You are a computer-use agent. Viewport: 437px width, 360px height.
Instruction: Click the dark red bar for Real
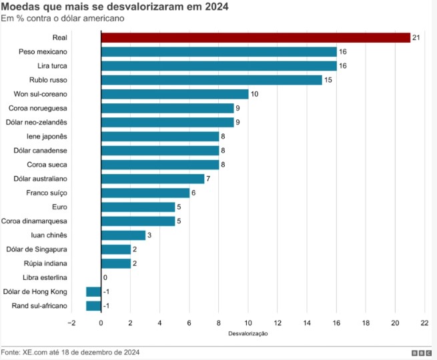coord(256,37)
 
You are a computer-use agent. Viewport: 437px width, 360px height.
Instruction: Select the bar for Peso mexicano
coord(219,51)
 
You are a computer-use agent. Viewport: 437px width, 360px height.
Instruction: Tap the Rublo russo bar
coord(211,80)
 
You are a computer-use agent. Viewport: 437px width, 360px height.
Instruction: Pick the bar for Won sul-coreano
coord(175,94)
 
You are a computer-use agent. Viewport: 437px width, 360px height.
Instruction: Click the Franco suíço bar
coord(145,193)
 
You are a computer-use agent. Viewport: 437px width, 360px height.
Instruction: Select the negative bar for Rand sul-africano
coord(93,306)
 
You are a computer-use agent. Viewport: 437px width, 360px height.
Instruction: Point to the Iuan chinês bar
coord(123,235)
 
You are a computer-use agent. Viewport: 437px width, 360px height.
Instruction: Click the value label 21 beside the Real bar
coord(416,37)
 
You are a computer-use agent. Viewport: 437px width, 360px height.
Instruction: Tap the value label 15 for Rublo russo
coord(328,80)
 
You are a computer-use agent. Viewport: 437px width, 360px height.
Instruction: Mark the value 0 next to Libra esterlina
coord(105,277)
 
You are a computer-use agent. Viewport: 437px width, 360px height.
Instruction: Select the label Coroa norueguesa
coord(38,108)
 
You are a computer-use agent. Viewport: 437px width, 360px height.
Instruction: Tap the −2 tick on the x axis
coord(71,323)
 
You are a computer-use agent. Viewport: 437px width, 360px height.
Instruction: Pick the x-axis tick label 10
coord(248,323)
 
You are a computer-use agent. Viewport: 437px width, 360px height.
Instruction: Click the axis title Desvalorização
coord(248,333)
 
